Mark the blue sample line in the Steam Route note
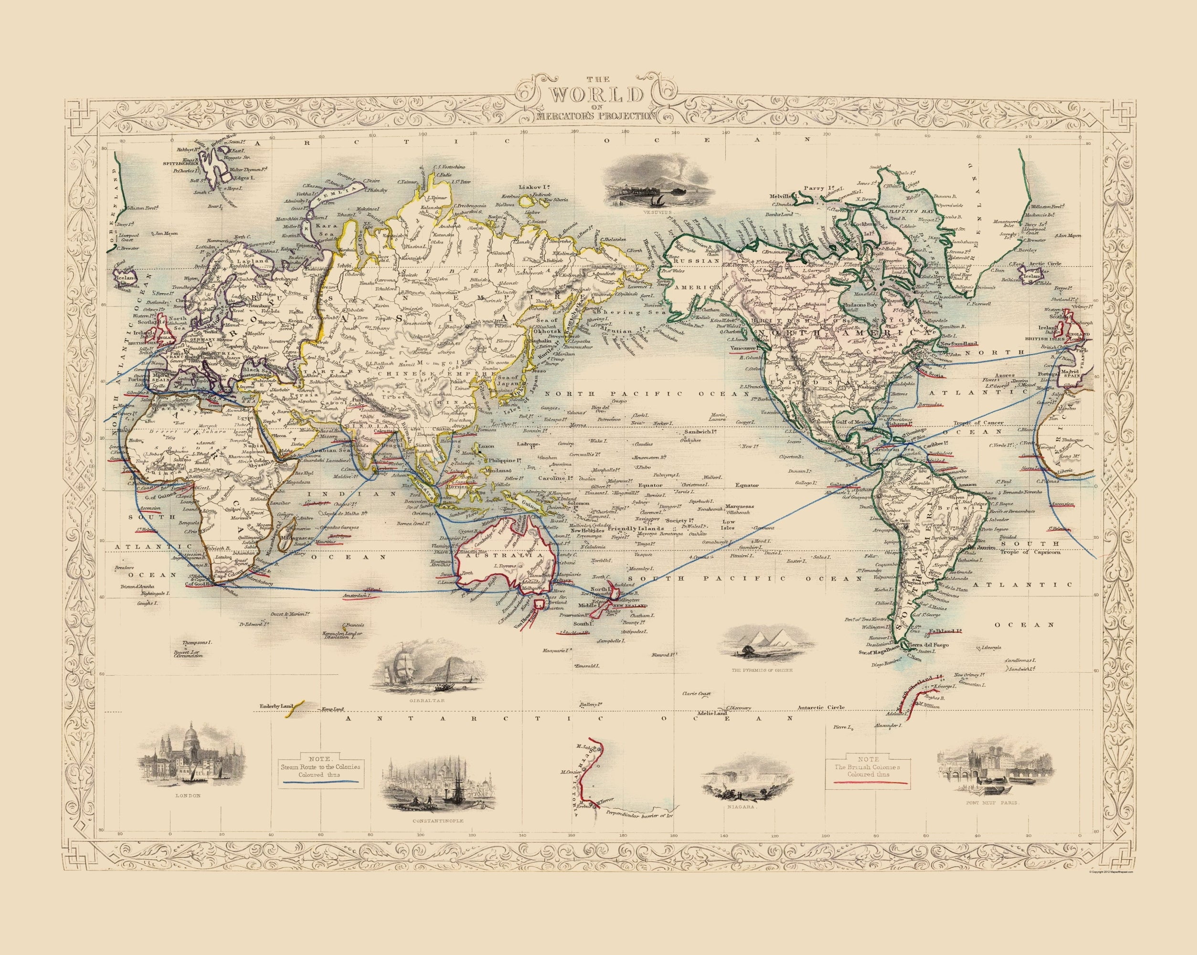[x=320, y=781]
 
